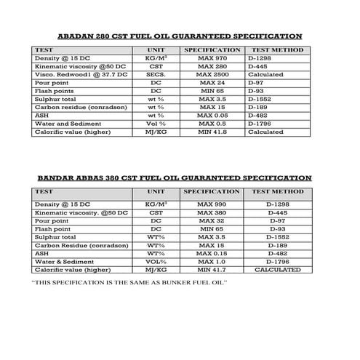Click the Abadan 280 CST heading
pyautogui.click(x=180, y=36)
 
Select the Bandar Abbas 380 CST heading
pyautogui.click(x=174, y=177)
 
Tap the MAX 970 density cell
pyautogui.click(x=212, y=58)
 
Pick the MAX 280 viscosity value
pyautogui.click(x=212, y=66)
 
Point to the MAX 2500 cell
pyautogui.click(x=212, y=74)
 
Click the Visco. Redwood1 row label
pyautogui.click(x=68, y=74)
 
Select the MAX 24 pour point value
pyautogui.click(x=212, y=83)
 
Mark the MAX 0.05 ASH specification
pyautogui.click(x=212, y=115)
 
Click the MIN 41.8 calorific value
pyautogui.click(x=212, y=132)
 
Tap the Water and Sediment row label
pyautogui.click(x=65, y=124)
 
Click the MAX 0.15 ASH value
pyautogui.click(x=212, y=252)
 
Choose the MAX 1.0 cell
pyautogui.click(x=212, y=260)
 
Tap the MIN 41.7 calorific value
pyautogui.click(x=212, y=269)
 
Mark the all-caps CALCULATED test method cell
pyautogui.click(x=277, y=269)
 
